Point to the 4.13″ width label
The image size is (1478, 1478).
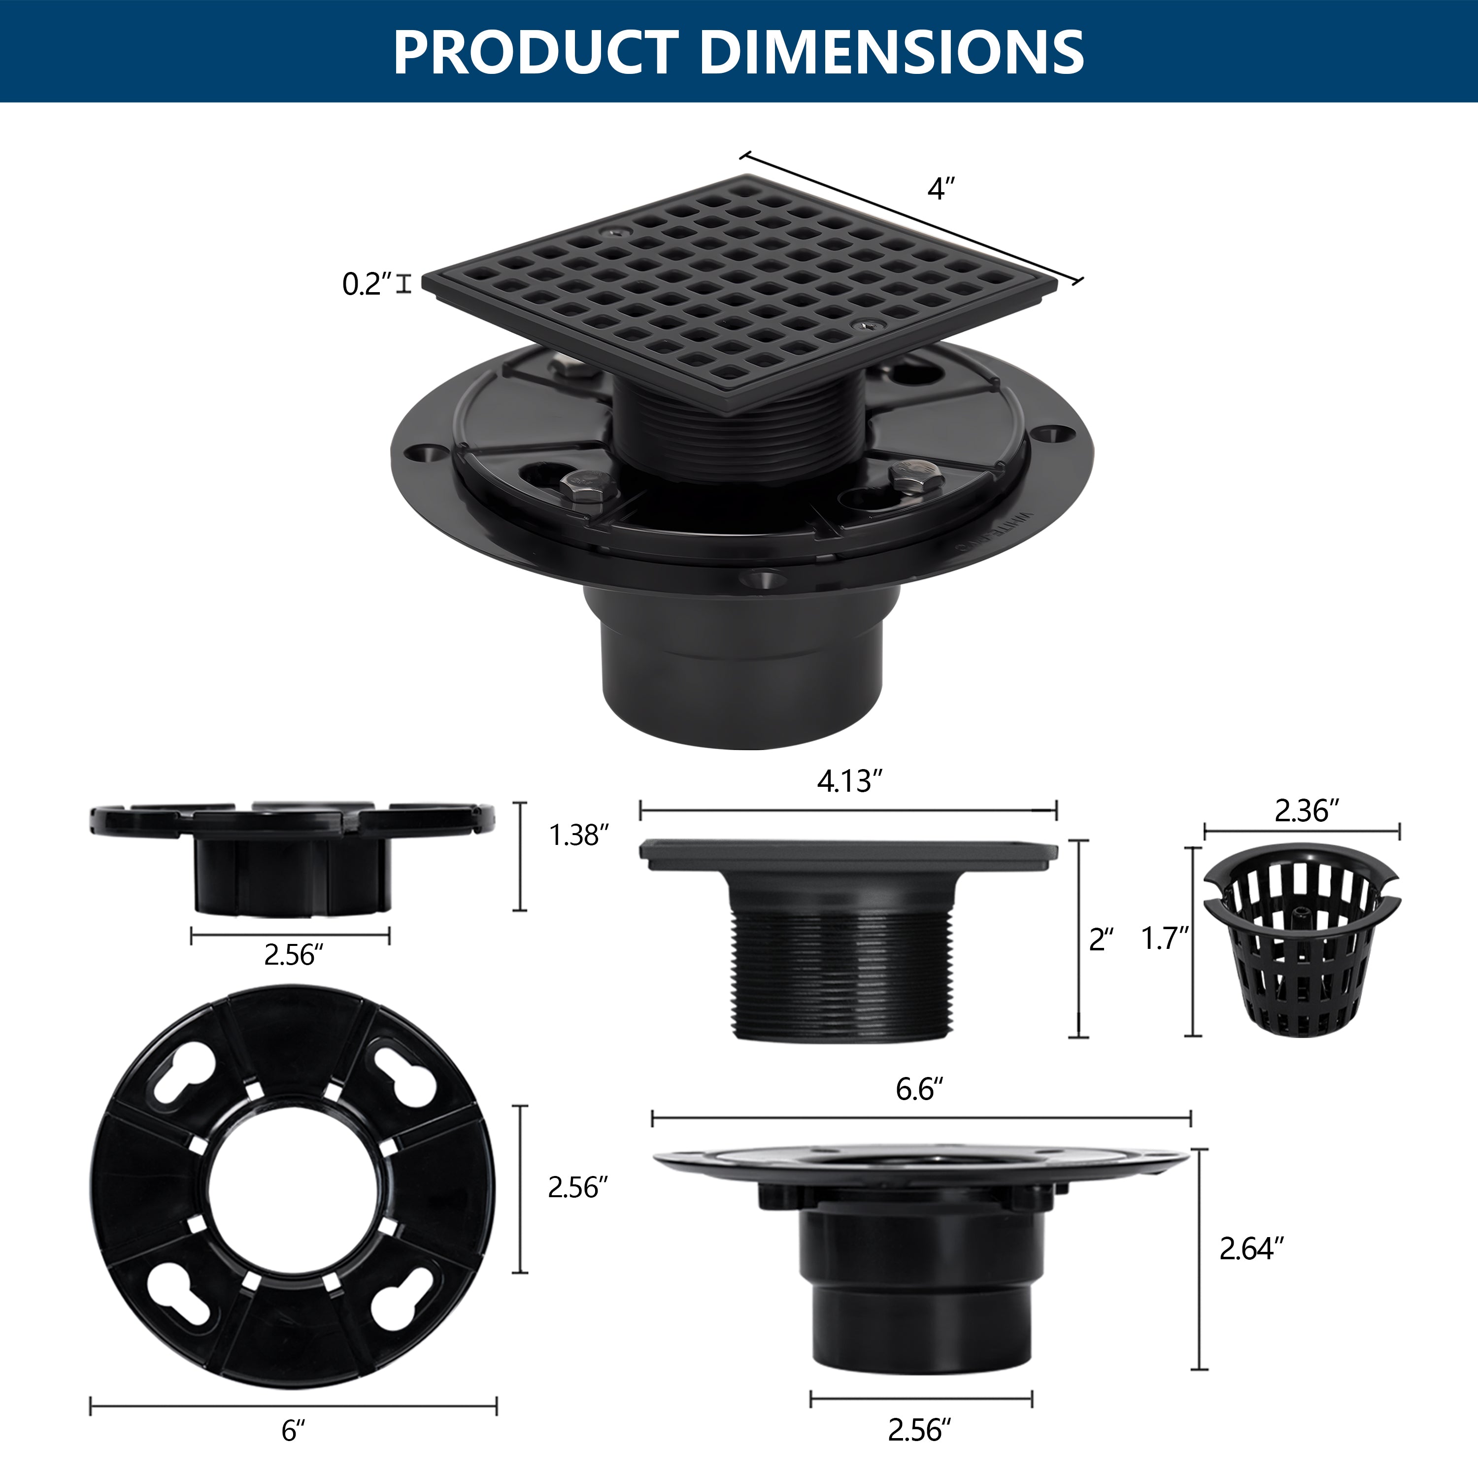coord(849,781)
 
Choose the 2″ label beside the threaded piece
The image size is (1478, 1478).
coord(1101,940)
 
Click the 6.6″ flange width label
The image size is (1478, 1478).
coord(919,1089)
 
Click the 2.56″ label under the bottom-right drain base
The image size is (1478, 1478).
coord(919,1429)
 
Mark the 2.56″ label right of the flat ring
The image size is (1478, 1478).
coord(577,1187)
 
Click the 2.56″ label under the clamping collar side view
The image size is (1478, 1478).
coord(294,955)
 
